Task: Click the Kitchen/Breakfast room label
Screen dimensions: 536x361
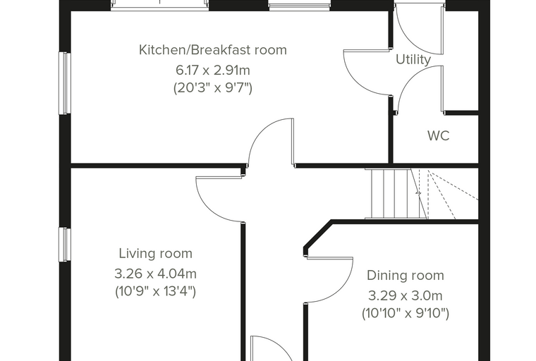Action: (212, 50)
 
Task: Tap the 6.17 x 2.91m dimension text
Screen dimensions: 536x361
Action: (212, 71)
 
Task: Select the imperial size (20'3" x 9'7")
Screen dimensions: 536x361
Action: (212, 88)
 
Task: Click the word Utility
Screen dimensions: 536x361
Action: (413, 60)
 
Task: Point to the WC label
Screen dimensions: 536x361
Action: (438, 135)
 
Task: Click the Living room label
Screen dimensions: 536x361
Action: (156, 254)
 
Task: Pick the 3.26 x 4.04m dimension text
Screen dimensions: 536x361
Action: (156, 274)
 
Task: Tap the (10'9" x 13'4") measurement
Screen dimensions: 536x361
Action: (156, 292)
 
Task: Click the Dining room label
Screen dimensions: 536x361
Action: (406, 276)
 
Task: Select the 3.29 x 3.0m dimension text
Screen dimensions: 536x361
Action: (406, 295)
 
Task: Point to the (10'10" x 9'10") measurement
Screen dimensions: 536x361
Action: (406, 313)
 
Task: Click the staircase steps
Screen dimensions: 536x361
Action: (396, 193)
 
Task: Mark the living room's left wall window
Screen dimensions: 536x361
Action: (65, 245)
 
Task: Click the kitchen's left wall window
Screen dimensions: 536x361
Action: (65, 83)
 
